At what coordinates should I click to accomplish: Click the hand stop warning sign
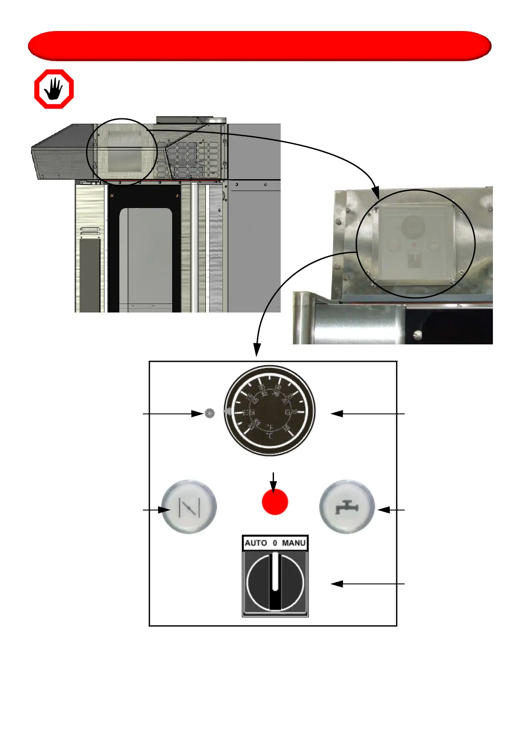[x=54, y=89]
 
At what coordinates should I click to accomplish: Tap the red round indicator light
[x=275, y=501]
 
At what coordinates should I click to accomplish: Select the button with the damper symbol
[x=189, y=507]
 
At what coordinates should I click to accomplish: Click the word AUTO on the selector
[x=256, y=543]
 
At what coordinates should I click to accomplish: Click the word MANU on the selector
[x=294, y=543]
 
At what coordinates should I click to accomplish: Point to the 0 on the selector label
[x=275, y=543]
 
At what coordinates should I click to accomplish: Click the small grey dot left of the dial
[x=210, y=413]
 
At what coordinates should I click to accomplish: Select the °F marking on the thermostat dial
[x=270, y=427]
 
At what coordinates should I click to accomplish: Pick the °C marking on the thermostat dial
[x=270, y=436]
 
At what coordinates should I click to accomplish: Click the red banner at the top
[x=260, y=46]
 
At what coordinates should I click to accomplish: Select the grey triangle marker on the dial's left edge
[x=227, y=411]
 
